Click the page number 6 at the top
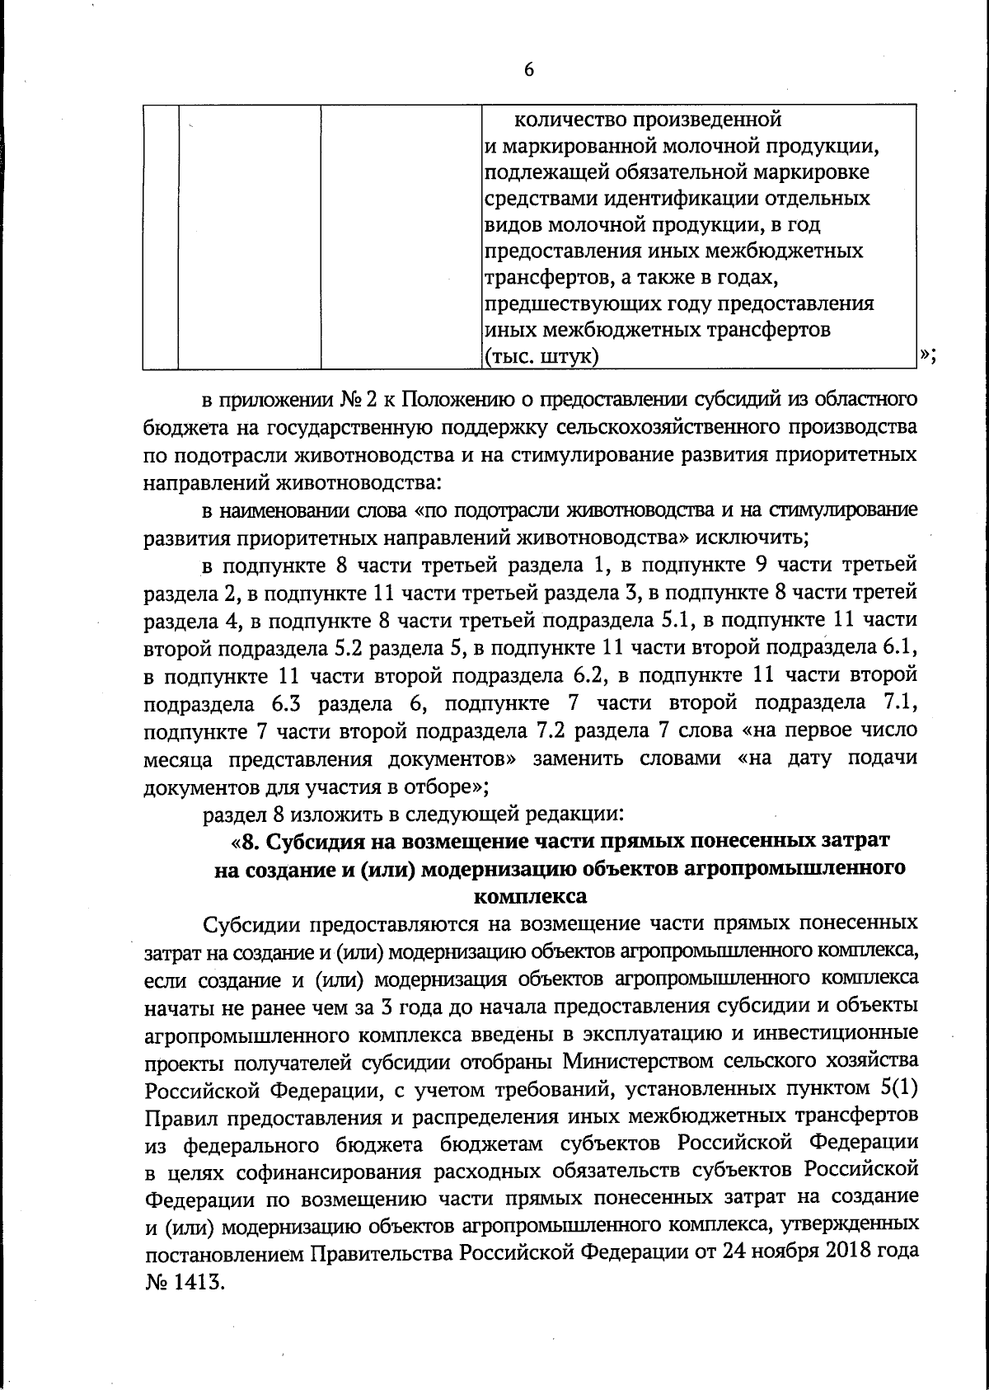[529, 69]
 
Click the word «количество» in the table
[569, 120]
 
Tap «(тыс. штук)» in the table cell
[541, 356]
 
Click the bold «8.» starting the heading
[251, 842]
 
